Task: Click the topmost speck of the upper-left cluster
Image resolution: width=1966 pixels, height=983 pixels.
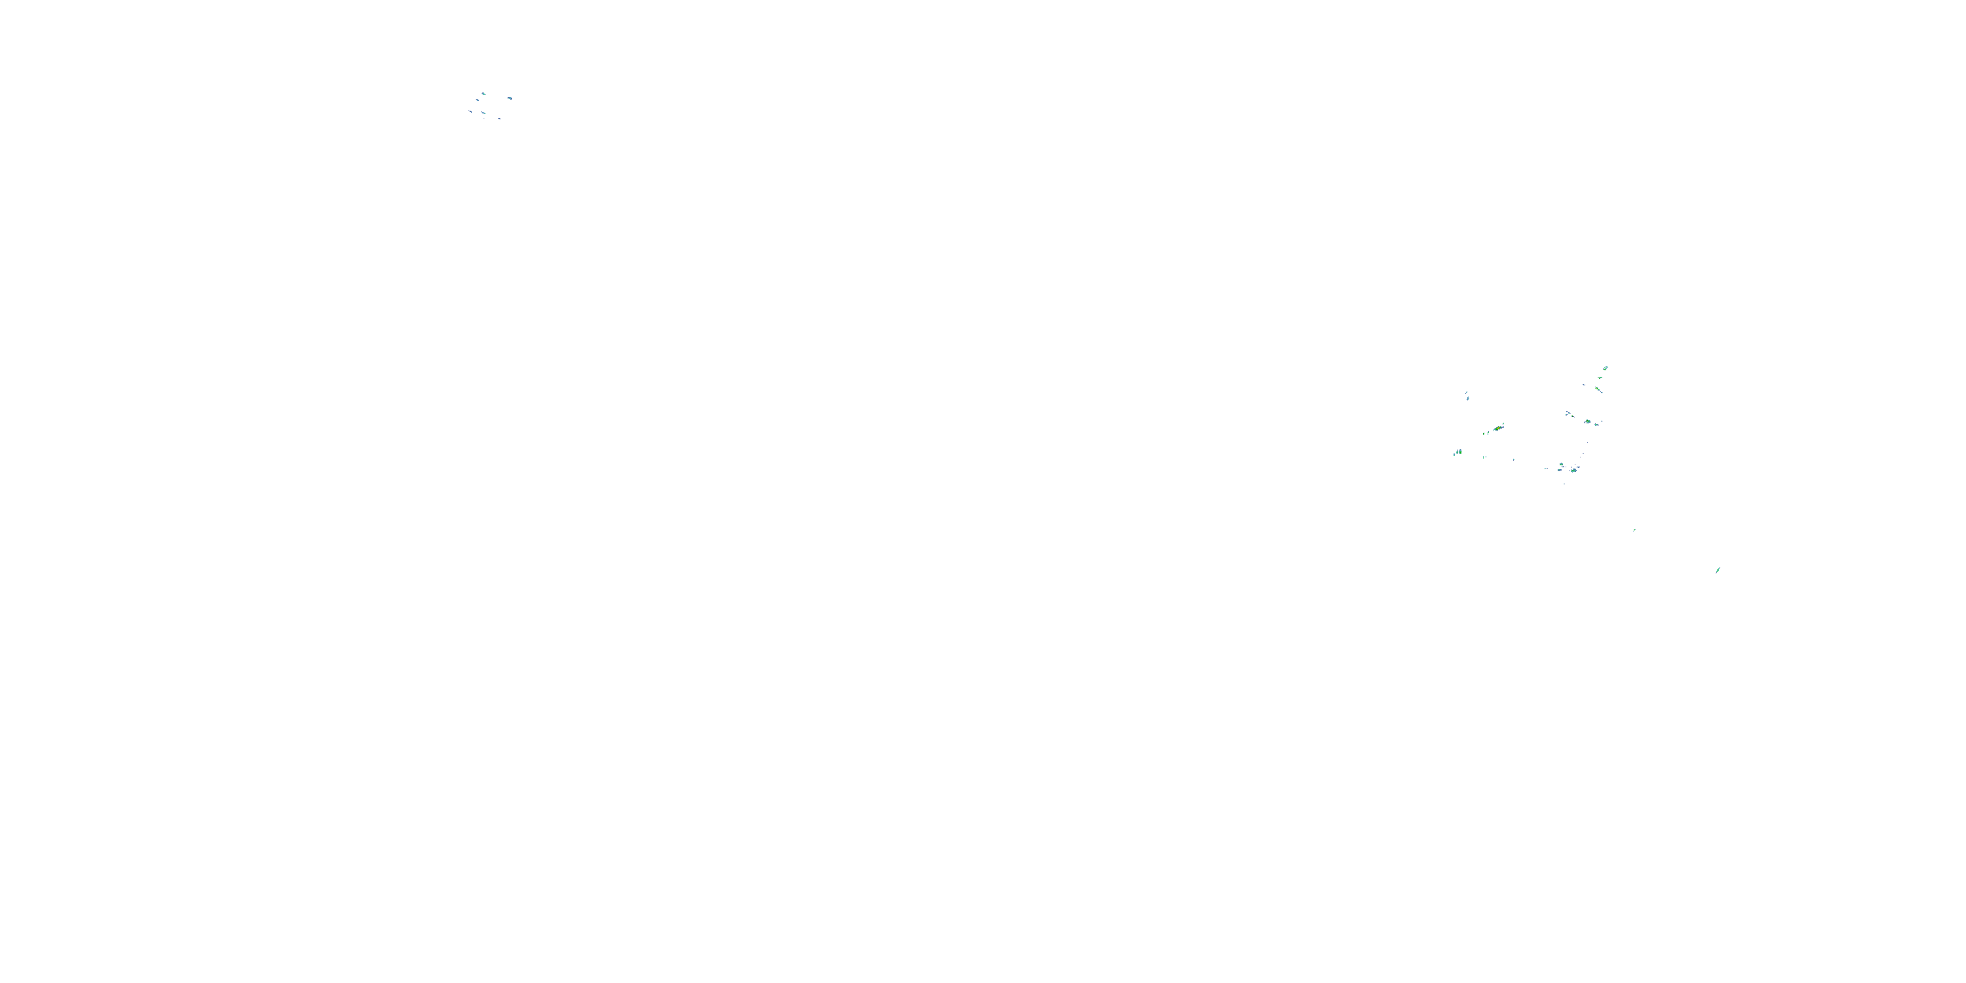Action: coord(483,93)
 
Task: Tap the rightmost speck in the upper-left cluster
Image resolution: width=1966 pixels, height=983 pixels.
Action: coord(509,98)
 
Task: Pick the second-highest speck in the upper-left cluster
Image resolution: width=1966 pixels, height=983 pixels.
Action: coord(478,100)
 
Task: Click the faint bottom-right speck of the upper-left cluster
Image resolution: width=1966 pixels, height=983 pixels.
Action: coord(499,119)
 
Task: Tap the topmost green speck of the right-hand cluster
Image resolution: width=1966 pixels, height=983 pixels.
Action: coord(1606,368)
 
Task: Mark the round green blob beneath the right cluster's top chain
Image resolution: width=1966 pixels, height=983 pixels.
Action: coord(1587,421)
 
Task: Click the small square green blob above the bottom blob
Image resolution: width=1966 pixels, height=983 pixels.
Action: coord(1562,464)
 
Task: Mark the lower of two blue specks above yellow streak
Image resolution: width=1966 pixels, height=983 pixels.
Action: coord(1468,398)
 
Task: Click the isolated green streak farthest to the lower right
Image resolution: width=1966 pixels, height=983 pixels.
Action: coord(1717,570)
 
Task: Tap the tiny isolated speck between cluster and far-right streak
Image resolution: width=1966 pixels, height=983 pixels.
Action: coord(1634,530)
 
